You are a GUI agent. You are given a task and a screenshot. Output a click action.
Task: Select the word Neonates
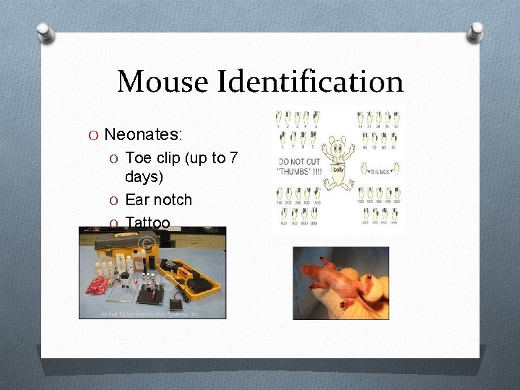(x=143, y=134)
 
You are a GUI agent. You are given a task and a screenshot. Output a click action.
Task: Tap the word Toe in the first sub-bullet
(x=138, y=158)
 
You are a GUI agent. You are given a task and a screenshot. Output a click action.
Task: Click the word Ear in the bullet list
(x=138, y=199)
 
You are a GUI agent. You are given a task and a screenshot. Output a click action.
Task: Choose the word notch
(x=173, y=199)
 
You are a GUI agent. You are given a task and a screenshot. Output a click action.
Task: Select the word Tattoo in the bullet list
(x=147, y=222)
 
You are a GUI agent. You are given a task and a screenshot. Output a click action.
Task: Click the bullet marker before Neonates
(x=95, y=135)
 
